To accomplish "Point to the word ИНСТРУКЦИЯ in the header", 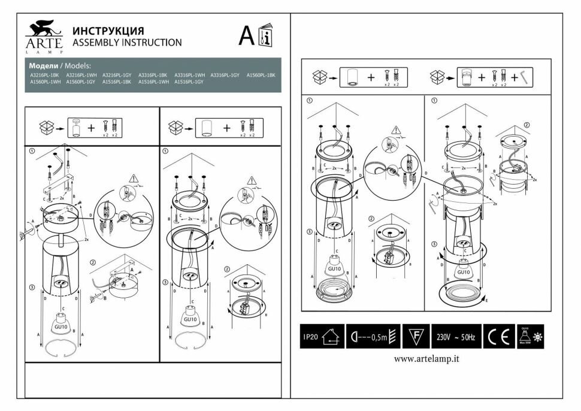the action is tap(108, 31).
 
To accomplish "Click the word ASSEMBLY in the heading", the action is tap(95, 43).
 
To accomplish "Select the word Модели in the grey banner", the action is tap(43, 65).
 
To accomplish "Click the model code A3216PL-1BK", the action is tap(45, 75).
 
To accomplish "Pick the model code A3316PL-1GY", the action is tap(225, 75).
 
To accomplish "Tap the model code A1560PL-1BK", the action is tap(261, 75).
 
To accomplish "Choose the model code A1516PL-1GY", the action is tap(189, 81).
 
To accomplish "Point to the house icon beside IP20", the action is tap(330, 337).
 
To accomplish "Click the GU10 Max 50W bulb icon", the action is tap(525, 337).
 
